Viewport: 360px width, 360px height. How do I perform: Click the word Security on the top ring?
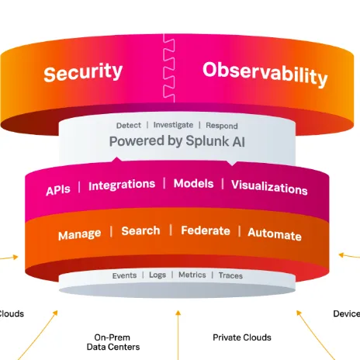(x=83, y=72)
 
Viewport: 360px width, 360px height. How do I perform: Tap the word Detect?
(x=129, y=125)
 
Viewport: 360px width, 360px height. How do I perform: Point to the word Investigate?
(x=174, y=125)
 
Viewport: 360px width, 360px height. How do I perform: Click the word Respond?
(x=221, y=125)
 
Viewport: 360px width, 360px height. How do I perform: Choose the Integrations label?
(x=122, y=185)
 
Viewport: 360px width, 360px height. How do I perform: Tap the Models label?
(x=194, y=184)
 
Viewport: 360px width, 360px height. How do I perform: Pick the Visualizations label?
(x=269, y=187)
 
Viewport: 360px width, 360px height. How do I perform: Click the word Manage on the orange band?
(x=79, y=234)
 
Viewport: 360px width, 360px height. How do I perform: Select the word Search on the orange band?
(x=140, y=230)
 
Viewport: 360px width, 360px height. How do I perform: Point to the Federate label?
(x=205, y=230)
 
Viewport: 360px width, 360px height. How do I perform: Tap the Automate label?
(x=274, y=234)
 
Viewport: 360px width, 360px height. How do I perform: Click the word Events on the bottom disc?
(x=124, y=275)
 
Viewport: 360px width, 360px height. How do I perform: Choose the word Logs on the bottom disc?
(x=157, y=275)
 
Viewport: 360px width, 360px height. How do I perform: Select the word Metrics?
(x=192, y=275)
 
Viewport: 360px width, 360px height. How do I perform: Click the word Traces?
(x=230, y=275)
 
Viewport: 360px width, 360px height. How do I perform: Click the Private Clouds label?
(x=242, y=337)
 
